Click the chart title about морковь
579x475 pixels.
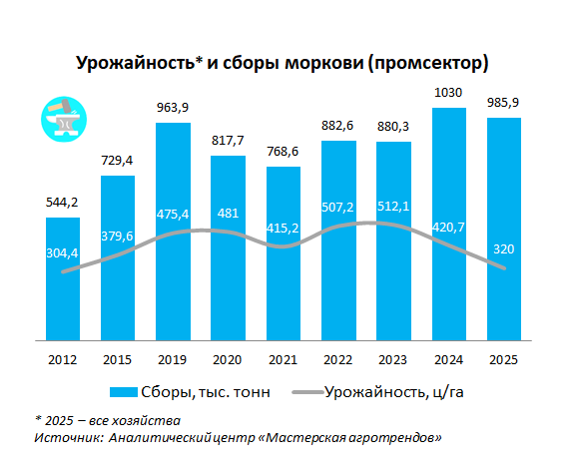pyautogui.click(x=283, y=62)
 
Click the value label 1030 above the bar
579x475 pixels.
pyautogui.click(x=448, y=93)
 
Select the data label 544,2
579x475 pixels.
pyautogui.click(x=62, y=203)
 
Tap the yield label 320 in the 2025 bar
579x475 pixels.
pyautogui.click(x=503, y=249)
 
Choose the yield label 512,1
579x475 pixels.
pyautogui.click(x=393, y=207)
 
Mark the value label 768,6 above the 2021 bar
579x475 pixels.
pyautogui.click(x=283, y=151)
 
